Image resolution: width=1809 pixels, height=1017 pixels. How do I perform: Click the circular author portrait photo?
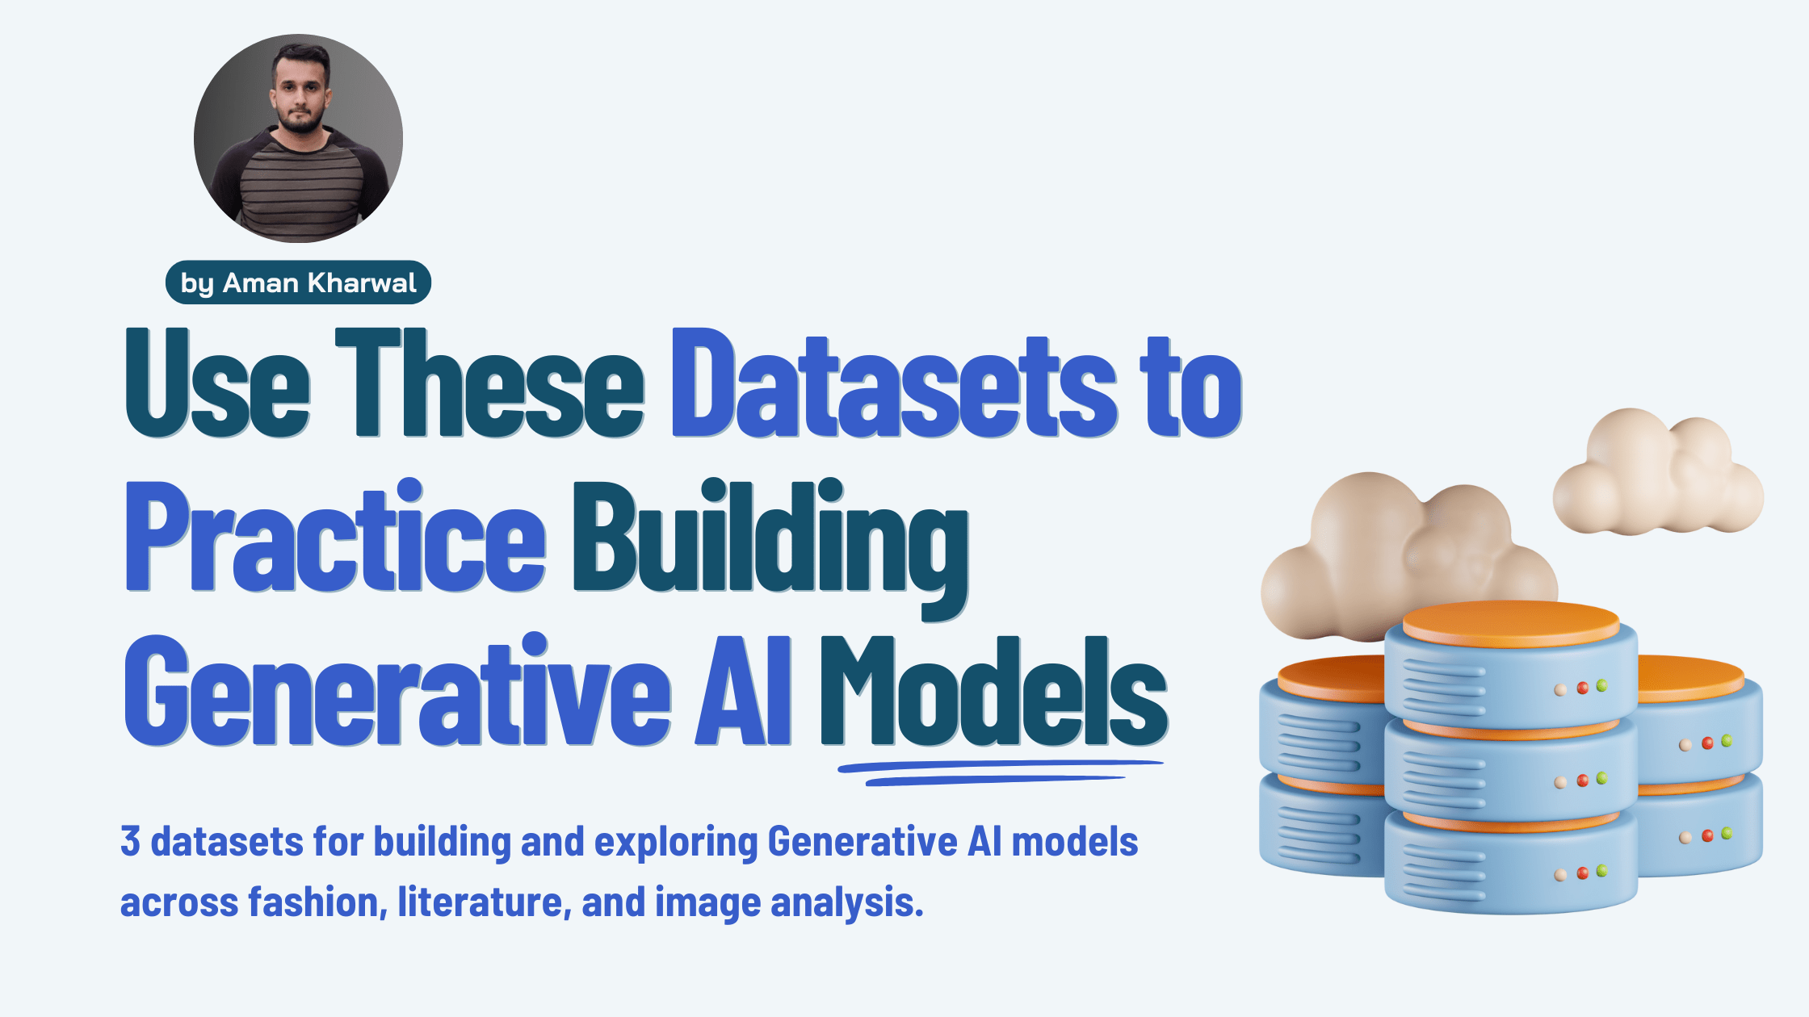(298, 138)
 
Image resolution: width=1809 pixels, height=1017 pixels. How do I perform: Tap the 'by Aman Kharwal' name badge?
(298, 282)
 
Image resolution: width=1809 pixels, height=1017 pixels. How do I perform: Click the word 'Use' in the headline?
(217, 383)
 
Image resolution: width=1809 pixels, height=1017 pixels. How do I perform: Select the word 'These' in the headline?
(489, 383)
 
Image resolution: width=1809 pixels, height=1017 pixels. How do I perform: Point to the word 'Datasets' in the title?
(894, 383)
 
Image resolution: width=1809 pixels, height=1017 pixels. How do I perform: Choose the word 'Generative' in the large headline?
(397, 690)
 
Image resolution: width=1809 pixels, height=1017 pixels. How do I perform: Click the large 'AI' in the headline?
(744, 690)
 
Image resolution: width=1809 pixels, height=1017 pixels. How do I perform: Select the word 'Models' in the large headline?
(994, 690)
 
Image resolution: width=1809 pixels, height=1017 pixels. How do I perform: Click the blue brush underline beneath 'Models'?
(1000, 772)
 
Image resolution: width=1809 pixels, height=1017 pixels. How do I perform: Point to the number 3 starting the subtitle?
(130, 841)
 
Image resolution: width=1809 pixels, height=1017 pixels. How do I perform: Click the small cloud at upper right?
(1657, 476)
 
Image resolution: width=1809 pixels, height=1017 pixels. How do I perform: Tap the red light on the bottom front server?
(1583, 873)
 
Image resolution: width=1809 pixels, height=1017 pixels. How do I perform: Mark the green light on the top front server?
(1601, 686)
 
